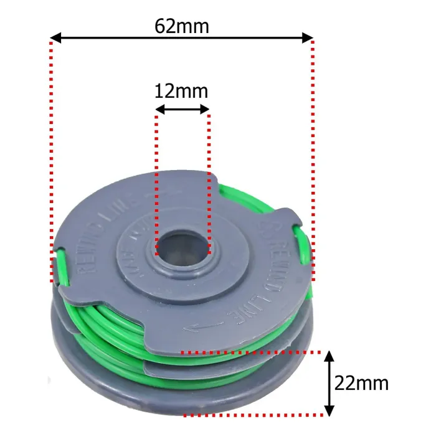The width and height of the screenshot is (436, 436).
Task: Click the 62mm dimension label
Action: pos(182,26)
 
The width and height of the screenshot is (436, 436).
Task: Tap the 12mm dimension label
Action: pos(181,92)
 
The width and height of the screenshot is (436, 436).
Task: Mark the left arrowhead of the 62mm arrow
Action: pos(55,39)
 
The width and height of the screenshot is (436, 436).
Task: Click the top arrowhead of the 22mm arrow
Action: pos(330,357)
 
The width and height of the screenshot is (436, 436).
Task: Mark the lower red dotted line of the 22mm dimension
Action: pos(255,415)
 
